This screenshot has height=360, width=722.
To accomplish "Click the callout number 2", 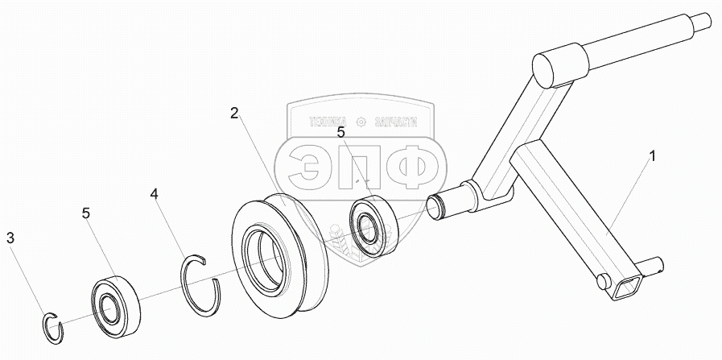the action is click(x=233, y=114).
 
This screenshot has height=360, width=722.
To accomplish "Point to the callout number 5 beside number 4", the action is click(x=87, y=213).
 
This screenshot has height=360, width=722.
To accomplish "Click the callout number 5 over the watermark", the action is click(x=340, y=131).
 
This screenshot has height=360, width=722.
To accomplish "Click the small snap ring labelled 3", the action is click(x=52, y=325).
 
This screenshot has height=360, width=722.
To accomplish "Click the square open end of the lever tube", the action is click(x=627, y=285).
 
